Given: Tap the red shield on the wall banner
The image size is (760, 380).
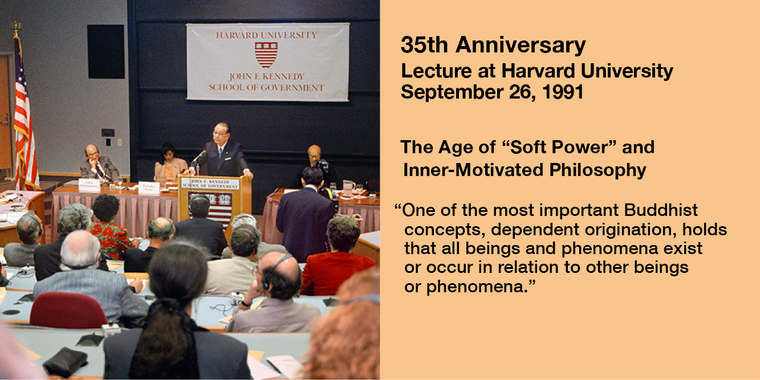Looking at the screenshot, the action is [x=266, y=55].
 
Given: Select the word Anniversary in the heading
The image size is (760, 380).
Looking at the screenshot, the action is [x=520, y=46].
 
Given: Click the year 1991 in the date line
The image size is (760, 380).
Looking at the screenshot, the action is [x=563, y=92].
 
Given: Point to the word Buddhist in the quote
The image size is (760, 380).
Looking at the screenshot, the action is [x=661, y=210].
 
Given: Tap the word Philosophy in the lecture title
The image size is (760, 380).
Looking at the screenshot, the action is [x=598, y=170].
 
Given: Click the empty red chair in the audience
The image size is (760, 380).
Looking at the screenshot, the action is [x=68, y=310].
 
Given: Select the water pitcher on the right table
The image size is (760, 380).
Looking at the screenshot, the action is [x=348, y=188].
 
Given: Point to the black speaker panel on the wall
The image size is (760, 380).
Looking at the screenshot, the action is [x=106, y=51].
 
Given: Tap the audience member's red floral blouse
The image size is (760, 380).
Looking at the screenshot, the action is [x=112, y=240].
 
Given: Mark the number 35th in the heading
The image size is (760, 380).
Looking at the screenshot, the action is [x=424, y=44].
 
